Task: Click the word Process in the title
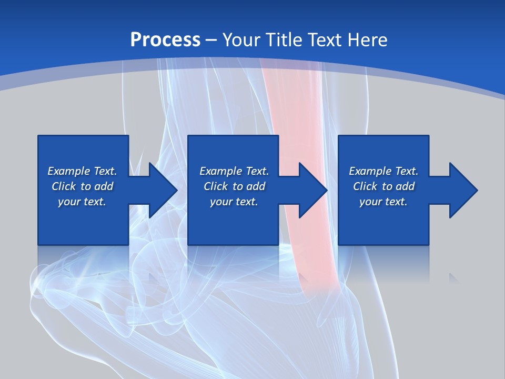click(x=165, y=40)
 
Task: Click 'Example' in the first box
click(x=69, y=171)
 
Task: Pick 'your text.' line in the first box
click(x=82, y=202)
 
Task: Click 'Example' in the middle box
click(x=221, y=171)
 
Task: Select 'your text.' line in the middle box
click(x=234, y=202)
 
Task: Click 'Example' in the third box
click(x=370, y=171)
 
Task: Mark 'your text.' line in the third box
click(x=383, y=202)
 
